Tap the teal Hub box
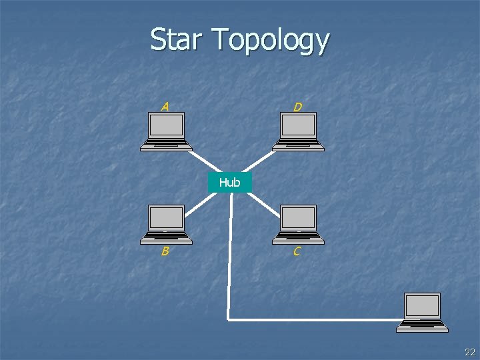tap(229, 182)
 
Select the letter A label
tap(165, 106)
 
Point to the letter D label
tap(297, 107)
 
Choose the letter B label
tap(164, 251)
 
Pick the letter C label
tap(297, 251)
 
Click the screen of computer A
tap(166, 125)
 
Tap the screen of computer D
tap(298, 125)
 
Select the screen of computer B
tap(166, 217)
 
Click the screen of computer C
tap(298, 217)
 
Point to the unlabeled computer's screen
tap(423, 305)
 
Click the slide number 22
tap(470, 352)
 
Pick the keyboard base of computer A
tap(166, 145)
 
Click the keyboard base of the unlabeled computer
tap(423, 326)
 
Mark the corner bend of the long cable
tap(229, 319)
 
